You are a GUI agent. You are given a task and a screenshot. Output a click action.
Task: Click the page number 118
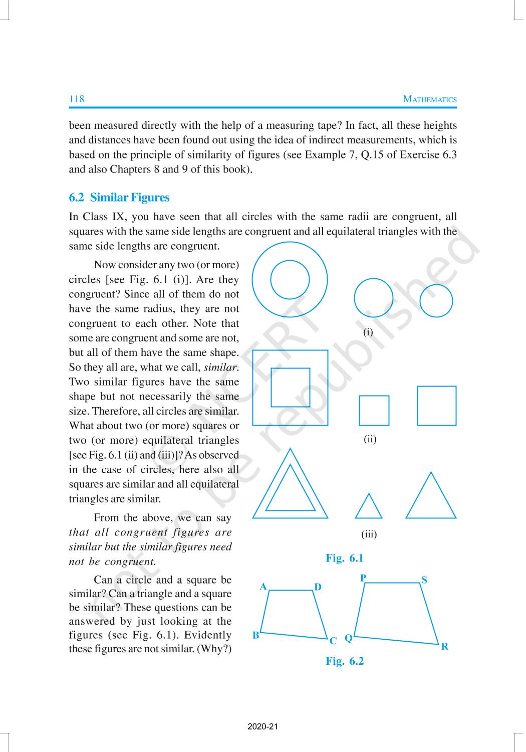tap(77, 99)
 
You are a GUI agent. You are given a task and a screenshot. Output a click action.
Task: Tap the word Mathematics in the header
tap(430, 99)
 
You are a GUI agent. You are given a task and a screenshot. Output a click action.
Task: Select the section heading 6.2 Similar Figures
tap(119, 198)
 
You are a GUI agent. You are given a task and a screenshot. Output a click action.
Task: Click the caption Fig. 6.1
tap(345, 558)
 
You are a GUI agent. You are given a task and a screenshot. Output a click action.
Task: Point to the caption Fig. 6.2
tap(345, 661)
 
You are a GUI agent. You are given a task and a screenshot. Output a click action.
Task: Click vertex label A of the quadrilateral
tap(263, 587)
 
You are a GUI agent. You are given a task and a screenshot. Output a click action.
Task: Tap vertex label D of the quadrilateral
tap(318, 587)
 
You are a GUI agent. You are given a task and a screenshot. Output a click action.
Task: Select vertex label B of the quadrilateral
tap(256, 636)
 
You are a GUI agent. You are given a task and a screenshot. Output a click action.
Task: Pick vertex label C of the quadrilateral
tap(333, 641)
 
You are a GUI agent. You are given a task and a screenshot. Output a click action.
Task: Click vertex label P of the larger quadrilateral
tap(363, 578)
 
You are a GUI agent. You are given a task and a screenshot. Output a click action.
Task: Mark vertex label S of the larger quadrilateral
tap(424, 580)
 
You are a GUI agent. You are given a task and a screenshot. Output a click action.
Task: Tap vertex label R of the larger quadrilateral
tap(445, 647)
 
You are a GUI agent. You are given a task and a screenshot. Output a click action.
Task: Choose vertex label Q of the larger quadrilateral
tap(349, 639)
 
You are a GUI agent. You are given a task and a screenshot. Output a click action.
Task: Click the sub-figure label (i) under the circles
tap(368, 332)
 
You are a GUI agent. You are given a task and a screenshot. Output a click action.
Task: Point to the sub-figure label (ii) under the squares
tap(370, 439)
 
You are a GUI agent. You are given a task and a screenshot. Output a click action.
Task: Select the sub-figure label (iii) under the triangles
tap(369, 534)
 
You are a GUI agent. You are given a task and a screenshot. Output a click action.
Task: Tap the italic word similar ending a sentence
tap(221, 367)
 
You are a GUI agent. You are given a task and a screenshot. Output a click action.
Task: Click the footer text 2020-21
tap(262, 726)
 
